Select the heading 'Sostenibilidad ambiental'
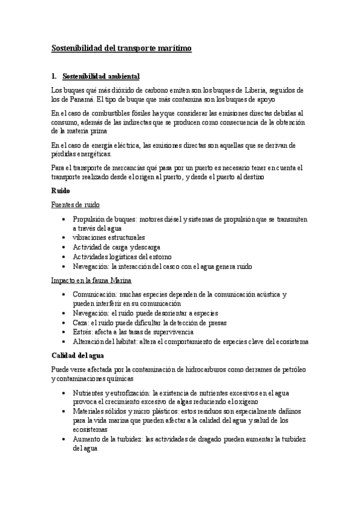click(101, 77)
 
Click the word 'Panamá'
click(76, 99)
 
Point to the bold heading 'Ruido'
click(61, 191)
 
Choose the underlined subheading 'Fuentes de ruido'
click(75, 205)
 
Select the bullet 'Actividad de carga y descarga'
click(117, 247)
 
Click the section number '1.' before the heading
click(55, 77)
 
